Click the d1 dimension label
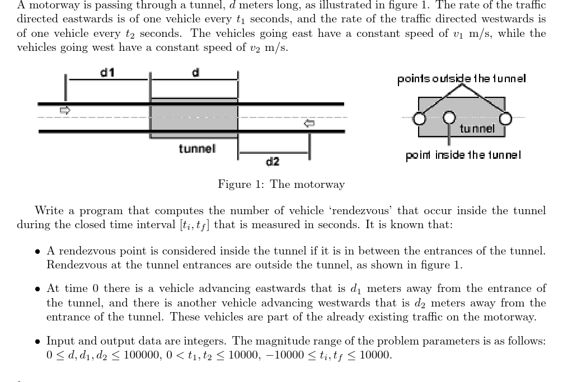107,72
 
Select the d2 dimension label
273,162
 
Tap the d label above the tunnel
196,72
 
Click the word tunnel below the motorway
197,149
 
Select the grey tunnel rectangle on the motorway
194,117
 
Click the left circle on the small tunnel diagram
417,118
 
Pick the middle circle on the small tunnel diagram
449,118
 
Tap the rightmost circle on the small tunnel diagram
505,118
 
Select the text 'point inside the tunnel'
463,155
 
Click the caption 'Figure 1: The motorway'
281,184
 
